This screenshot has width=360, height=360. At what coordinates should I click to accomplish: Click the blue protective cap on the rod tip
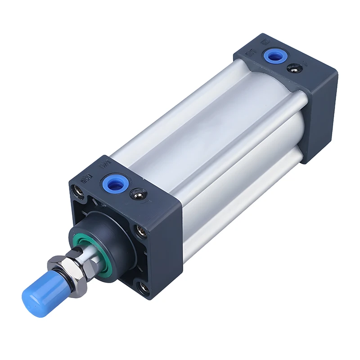(36, 293)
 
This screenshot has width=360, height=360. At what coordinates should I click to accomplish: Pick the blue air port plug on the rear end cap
(272, 56)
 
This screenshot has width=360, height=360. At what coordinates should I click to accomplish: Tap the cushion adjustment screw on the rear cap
(293, 68)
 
